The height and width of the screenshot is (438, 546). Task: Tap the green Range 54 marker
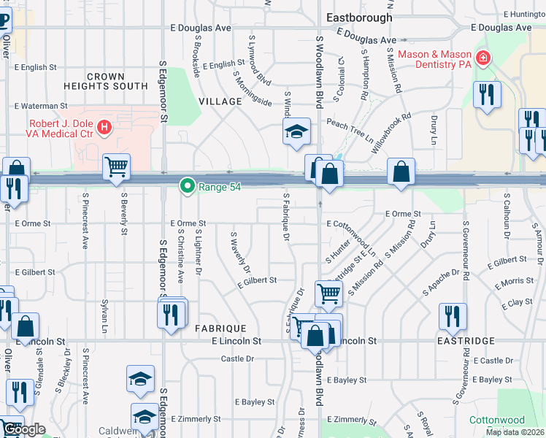[x=188, y=187]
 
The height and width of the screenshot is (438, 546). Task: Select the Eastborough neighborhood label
[x=359, y=17]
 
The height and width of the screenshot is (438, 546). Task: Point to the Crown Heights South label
[x=118, y=81]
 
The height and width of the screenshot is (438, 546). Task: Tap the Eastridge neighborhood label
[x=466, y=341]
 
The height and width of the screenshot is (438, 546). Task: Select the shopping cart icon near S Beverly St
[x=116, y=167]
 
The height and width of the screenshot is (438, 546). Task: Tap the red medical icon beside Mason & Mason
[x=483, y=58]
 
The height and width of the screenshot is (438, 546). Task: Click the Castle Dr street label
[x=237, y=359]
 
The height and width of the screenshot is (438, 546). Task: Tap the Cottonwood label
[x=496, y=420]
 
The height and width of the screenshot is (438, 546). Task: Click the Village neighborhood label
[x=219, y=101]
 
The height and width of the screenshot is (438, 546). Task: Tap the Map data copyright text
[x=514, y=432]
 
